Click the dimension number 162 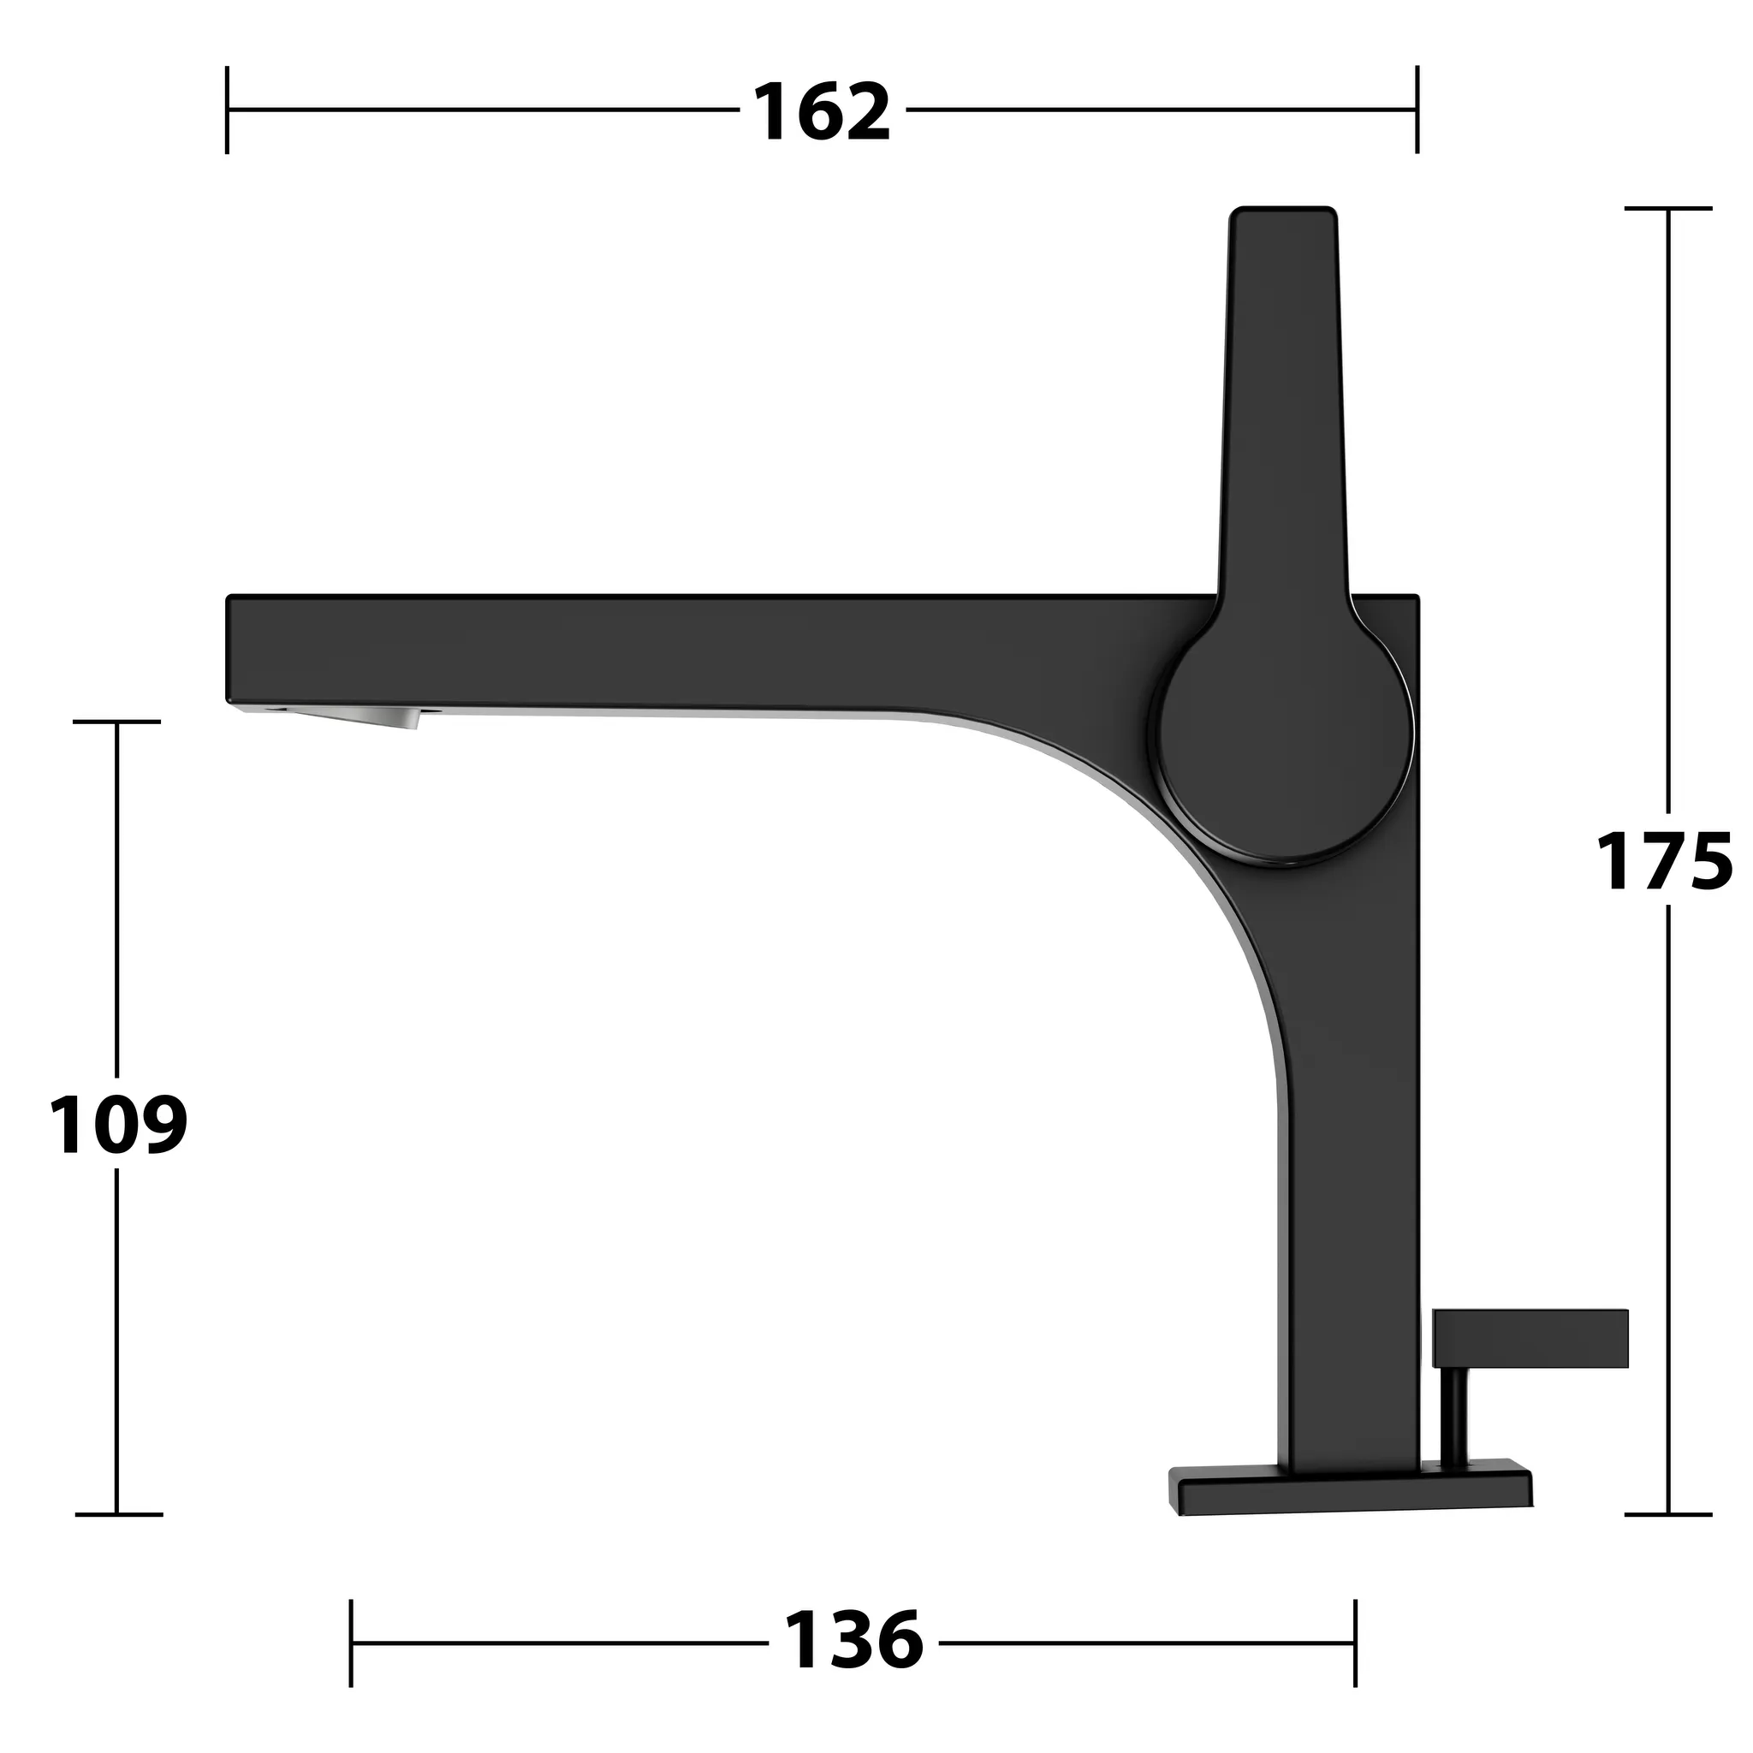(x=821, y=112)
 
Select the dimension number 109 (x=117, y=1124)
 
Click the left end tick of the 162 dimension (x=227, y=110)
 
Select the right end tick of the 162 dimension (x=1417, y=110)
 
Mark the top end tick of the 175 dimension (x=1667, y=209)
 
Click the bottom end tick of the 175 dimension (x=1667, y=1514)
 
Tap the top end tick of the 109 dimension (x=117, y=722)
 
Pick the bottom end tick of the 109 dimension (x=117, y=1514)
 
